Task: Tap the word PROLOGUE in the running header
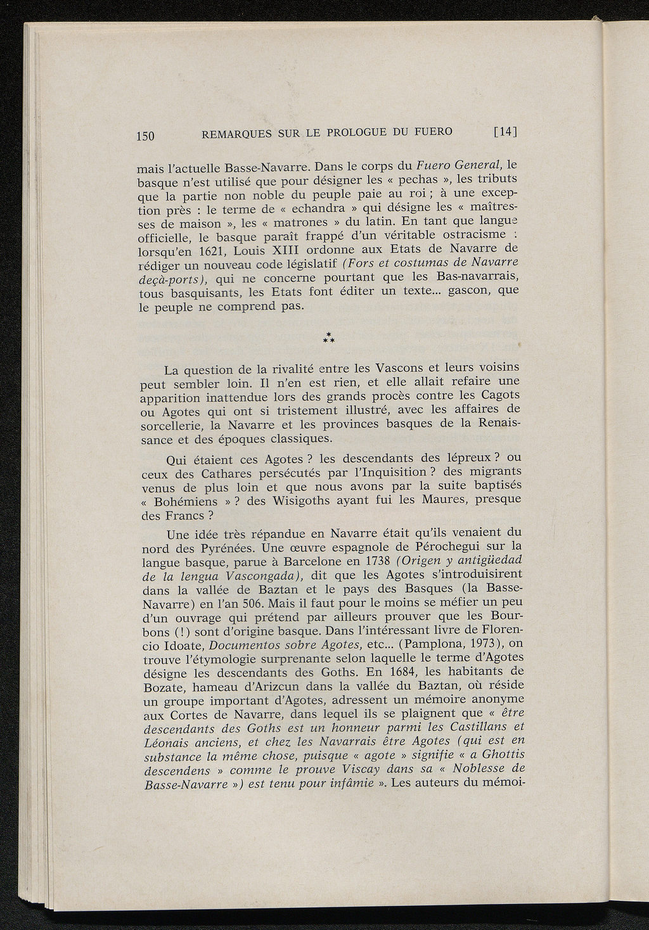coord(359,132)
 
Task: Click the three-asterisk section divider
coord(328,338)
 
